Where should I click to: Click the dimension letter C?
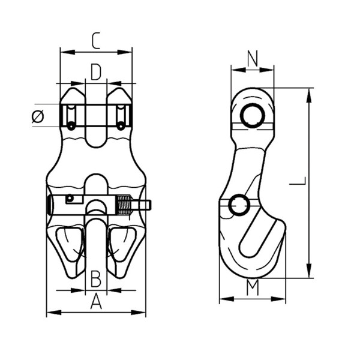(x=96, y=41)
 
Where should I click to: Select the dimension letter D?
(x=96, y=72)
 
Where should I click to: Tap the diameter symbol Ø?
(x=38, y=116)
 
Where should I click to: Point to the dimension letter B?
(x=96, y=279)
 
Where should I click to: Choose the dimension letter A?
(x=96, y=301)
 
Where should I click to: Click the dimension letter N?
(x=253, y=58)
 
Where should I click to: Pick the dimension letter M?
(x=253, y=287)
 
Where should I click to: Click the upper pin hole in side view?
(x=253, y=115)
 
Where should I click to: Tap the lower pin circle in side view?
(x=239, y=205)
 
